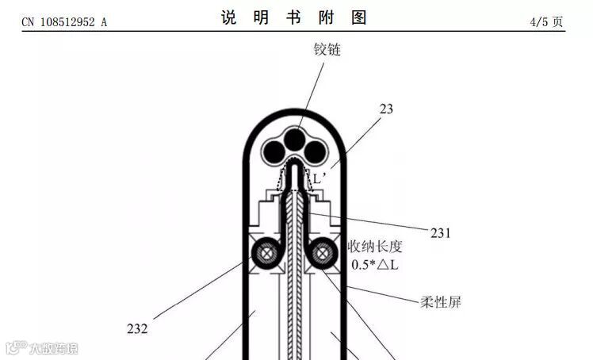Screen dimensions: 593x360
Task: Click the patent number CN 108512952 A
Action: [64, 22]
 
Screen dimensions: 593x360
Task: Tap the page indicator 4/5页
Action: [547, 21]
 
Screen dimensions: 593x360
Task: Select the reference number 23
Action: [387, 109]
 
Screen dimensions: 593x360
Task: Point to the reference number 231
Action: [441, 233]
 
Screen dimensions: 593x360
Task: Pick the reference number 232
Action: [137, 327]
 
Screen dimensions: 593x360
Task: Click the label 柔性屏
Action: [441, 302]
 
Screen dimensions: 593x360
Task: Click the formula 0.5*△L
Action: [375, 265]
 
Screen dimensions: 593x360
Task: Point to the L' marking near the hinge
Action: [319, 179]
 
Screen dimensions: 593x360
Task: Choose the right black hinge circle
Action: [316, 151]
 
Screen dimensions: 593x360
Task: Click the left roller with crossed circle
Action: [263, 254]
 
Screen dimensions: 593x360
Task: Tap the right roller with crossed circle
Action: [323, 254]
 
